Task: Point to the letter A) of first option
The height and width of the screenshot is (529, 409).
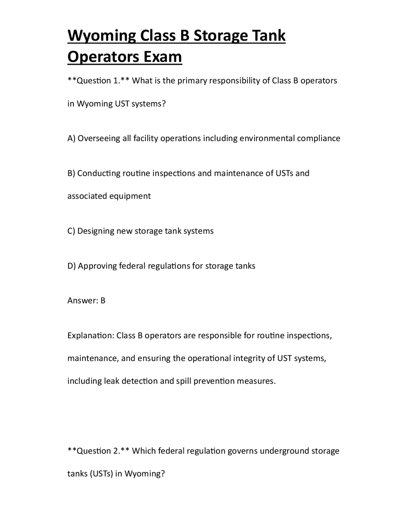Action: click(71, 138)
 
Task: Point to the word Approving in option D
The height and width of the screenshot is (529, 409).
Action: click(97, 266)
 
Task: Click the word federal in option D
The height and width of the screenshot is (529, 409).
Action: click(132, 266)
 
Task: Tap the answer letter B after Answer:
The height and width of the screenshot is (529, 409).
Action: click(103, 301)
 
